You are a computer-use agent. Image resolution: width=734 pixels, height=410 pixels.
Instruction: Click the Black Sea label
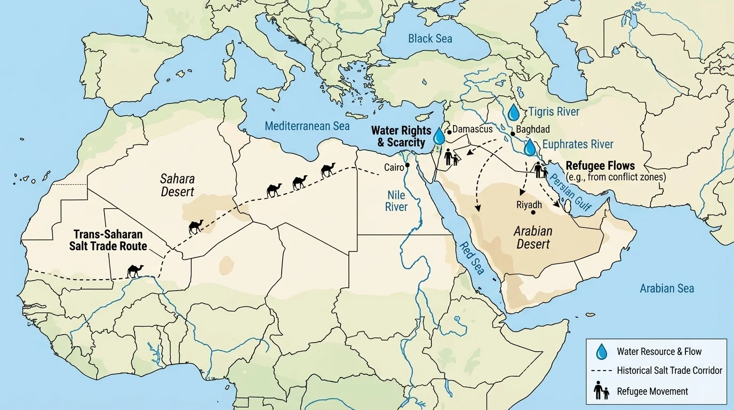(x=429, y=38)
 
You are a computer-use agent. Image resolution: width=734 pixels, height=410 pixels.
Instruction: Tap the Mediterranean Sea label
(x=307, y=126)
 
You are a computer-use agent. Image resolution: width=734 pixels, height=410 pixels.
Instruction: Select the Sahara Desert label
(x=178, y=185)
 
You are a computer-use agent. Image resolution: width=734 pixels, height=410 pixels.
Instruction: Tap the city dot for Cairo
(x=407, y=165)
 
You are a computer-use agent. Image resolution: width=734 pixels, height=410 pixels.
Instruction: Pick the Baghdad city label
(x=530, y=130)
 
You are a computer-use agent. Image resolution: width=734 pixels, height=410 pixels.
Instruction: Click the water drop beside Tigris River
(x=513, y=113)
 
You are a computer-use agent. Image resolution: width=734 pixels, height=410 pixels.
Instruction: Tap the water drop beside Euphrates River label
(x=530, y=148)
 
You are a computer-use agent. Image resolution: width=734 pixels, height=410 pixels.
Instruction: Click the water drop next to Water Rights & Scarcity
(x=438, y=136)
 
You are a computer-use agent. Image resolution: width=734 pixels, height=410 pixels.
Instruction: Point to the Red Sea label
(x=472, y=257)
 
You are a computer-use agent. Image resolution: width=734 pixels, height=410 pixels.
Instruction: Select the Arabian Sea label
(x=667, y=288)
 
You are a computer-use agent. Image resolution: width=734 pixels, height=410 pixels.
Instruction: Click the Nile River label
(x=396, y=201)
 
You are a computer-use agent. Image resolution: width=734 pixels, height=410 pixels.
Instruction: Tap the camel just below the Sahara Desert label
(x=196, y=226)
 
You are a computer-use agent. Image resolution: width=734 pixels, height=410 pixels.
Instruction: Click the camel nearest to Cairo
(x=328, y=170)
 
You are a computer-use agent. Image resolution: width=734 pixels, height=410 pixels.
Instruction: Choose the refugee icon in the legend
(x=601, y=391)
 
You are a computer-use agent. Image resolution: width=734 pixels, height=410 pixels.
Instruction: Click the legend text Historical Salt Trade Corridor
(x=669, y=370)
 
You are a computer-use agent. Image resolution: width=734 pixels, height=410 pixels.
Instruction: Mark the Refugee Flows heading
(x=600, y=165)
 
